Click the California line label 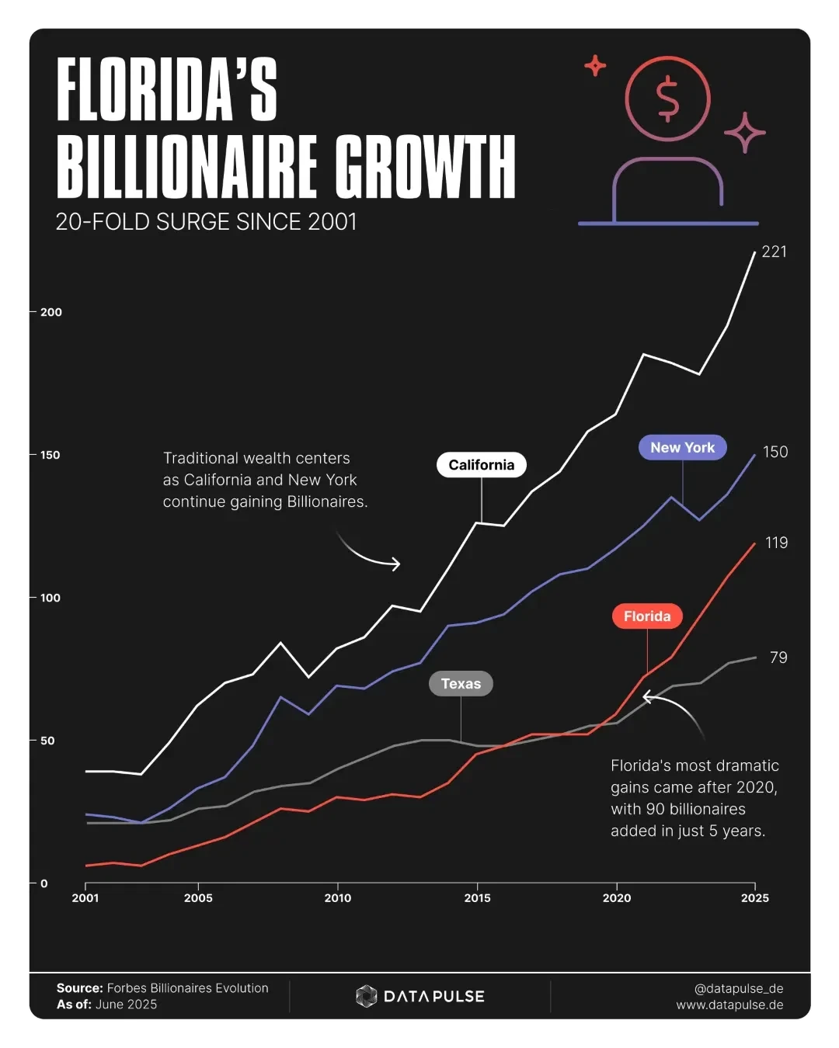point(482,465)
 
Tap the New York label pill point(682,447)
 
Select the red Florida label point(647,616)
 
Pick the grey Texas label point(461,684)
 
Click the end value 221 point(774,252)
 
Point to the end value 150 point(775,452)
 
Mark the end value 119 point(776,543)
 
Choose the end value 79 point(778,658)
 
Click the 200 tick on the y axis point(50,312)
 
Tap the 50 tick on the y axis point(47,741)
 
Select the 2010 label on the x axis point(337,898)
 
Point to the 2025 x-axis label point(754,898)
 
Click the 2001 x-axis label point(85,898)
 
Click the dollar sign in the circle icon point(667,99)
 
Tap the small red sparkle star point(595,66)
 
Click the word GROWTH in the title point(425,167)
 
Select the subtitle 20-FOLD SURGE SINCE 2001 point(206,222)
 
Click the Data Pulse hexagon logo point(366,996)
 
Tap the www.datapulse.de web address point(729,1005)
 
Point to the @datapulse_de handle point(738,988)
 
